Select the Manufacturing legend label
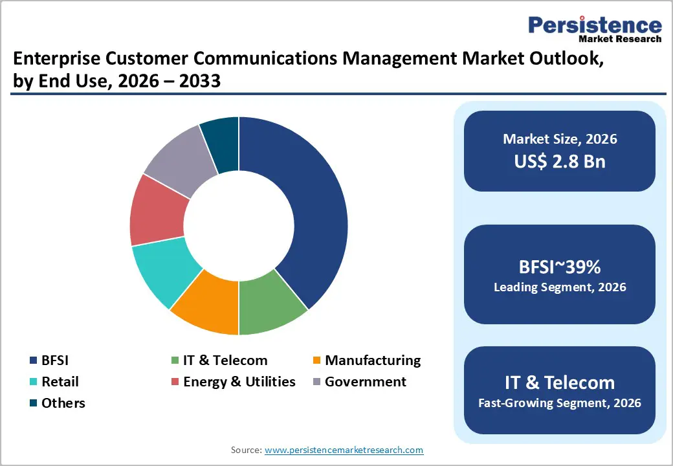372,361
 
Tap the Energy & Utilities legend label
239,382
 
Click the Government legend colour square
316,383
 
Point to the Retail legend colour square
33,383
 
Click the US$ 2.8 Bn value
560,161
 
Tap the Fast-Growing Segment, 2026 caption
560,403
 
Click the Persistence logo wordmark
595,25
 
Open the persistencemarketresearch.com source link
344,450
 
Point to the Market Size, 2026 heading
560,139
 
